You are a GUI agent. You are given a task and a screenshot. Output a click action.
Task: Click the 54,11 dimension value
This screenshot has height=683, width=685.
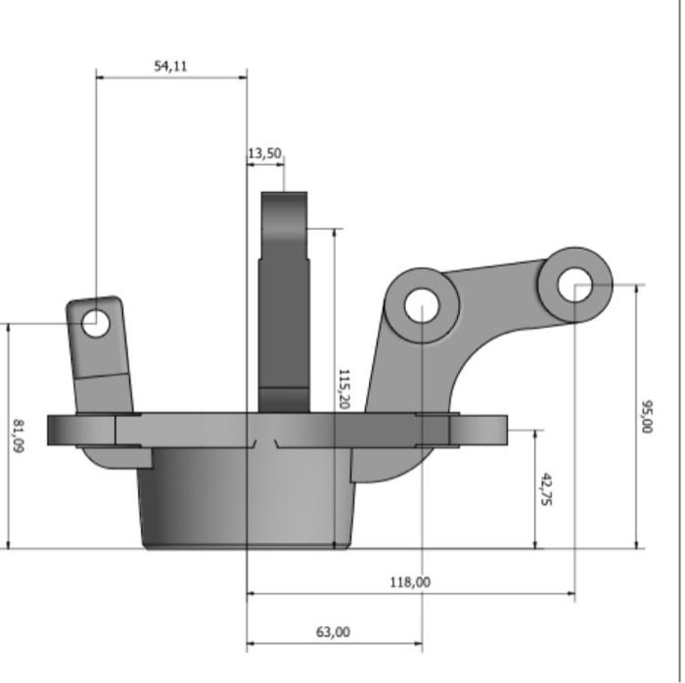click(171, 67)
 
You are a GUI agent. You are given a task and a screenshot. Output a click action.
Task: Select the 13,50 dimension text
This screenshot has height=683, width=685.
click(264, 154)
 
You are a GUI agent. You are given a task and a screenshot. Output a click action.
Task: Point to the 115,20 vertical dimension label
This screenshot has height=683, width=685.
click(343, 387)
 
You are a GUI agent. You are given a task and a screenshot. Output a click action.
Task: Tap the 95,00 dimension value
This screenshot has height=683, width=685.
click(646, 415)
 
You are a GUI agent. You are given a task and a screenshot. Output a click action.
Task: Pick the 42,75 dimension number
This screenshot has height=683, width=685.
click(546, 489)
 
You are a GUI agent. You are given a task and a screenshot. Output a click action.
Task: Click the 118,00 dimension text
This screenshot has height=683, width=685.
click(409, 582)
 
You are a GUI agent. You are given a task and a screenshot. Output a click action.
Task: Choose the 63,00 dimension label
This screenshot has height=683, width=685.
click(333, 632)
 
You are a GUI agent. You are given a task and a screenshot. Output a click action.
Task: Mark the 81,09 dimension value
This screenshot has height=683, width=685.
click(18, 435)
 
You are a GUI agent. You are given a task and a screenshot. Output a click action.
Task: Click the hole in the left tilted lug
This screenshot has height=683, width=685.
click(96, 322)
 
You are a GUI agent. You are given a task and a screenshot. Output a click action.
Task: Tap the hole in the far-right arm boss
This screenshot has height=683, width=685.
click(574, 284)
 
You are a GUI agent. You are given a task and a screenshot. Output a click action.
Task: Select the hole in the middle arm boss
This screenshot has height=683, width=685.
click(421, 305)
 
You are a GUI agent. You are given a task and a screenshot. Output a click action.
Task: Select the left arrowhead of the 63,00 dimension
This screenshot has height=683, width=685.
click(251, 645)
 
